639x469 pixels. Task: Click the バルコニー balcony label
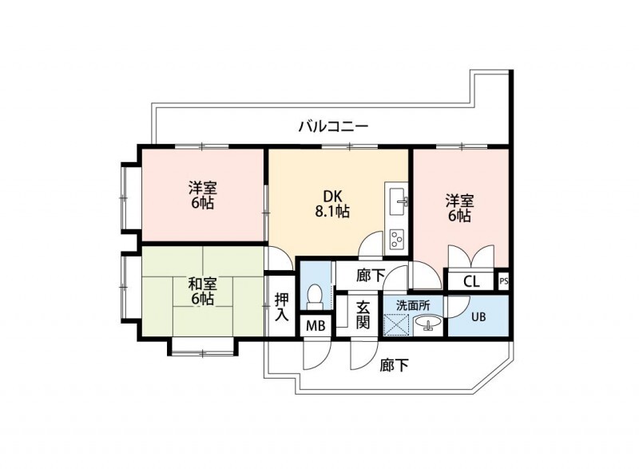[x=333, y=126]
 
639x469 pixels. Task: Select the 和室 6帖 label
[x=202, y=291]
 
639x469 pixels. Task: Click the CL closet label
[x=471, y=281]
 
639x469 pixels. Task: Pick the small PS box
[x=503, y=280]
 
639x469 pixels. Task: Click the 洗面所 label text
[x=413, y=305]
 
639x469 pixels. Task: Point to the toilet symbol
[x=316, y=296]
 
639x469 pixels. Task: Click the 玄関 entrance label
[x=363, y=315]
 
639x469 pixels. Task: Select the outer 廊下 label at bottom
[x=395, y=366]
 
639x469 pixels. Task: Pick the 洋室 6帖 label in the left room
[x=202, y=195]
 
